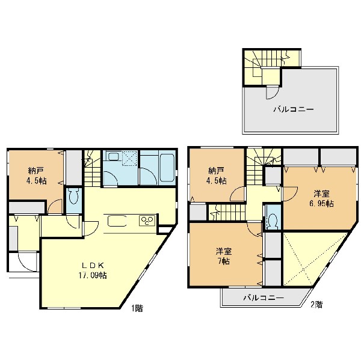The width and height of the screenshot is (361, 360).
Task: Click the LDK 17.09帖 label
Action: click(93, 270)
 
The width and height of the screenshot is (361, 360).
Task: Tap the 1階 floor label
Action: click(137, 308)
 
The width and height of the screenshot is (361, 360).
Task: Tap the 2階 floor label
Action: click(316, 305)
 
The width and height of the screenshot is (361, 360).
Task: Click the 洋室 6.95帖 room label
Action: click(322, 199)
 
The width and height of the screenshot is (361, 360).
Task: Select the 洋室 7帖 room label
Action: click(224, 256)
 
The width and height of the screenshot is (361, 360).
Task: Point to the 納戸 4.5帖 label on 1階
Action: click(36, 175)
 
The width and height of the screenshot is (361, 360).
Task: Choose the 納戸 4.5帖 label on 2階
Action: click(217, 175)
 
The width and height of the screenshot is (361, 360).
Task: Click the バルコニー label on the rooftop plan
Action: click(294, 109)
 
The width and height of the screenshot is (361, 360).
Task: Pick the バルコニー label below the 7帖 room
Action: click(264, 298)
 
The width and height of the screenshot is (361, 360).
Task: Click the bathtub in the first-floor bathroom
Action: click(167, 167)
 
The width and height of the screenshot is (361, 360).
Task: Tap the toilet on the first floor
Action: click(74, 196)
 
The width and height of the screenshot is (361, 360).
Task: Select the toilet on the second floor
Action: click(273, 220)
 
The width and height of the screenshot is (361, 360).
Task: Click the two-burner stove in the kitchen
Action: click(147, 221)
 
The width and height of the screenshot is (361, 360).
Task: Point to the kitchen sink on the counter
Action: click(117, 221)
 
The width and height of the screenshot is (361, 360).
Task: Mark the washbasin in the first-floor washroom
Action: click(113, 157)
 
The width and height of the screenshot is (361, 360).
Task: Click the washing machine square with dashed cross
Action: click(129, 158)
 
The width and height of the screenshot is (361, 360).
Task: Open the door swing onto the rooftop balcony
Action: click(273, 92)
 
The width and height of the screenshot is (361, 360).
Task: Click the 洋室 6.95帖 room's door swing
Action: click(291, 194)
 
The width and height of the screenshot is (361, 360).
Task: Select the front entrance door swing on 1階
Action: click(28, 262)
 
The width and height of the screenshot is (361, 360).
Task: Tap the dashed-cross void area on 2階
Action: click(311, 259)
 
